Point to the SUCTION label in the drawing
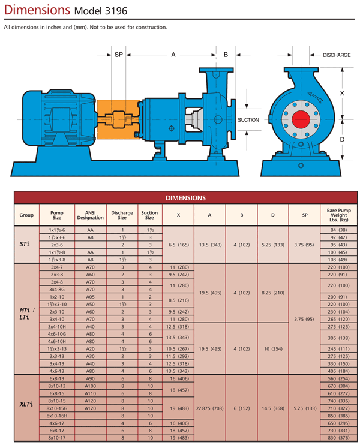click(248, 120)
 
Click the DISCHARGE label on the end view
click(336, 55)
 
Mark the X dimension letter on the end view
click(342, 94)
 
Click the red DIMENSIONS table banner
click(185, 197)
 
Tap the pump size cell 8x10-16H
click(57, 415)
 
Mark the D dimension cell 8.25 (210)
click(273, 293)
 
